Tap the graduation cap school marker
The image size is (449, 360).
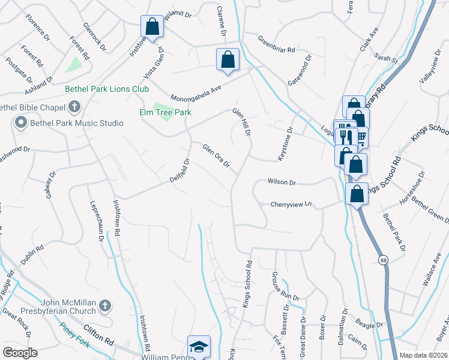tap(199, 346)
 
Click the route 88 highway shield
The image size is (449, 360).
tap(382, 260)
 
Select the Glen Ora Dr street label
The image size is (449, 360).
tap(216, 156)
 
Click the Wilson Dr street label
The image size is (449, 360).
tap(282, 182)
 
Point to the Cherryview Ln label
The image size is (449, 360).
tap(292, 204)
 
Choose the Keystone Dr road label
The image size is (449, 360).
tap(283, 143)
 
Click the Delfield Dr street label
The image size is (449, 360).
tap(179, 170)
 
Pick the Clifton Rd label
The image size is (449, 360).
tap(99, 342)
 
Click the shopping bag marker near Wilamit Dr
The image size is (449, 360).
tap(152, 26)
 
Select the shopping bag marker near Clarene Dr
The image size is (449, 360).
tap(228, 59)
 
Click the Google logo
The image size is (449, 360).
tap(20, 353)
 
